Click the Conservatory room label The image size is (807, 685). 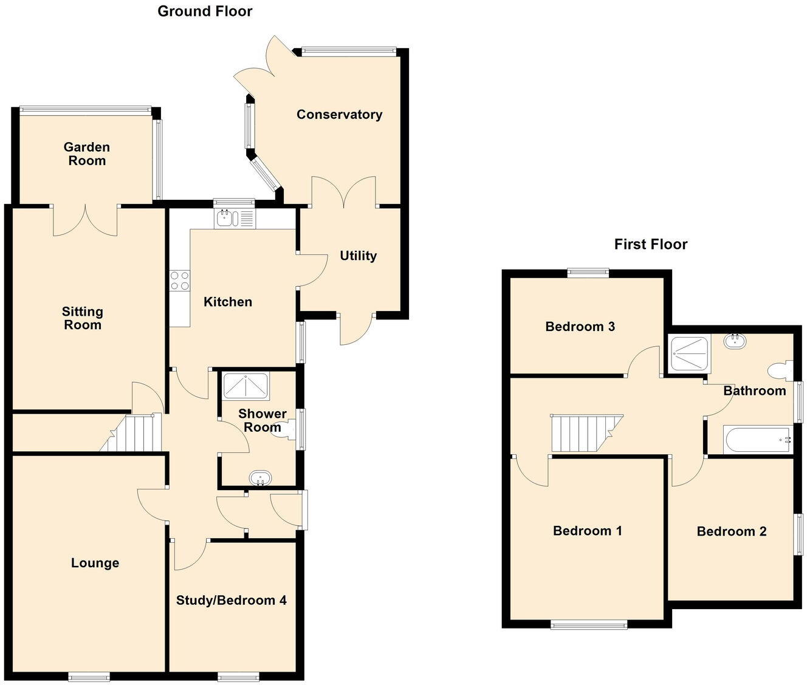[x=339, y=114]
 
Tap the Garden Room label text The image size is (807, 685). [x=87, y=154]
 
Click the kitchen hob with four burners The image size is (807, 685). [x=179, y=281]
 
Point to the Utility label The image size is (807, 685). [x=358, y=256]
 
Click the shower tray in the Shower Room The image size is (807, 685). [x=246, y=386]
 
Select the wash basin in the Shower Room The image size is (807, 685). [x=260, y=479]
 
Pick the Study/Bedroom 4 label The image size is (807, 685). [x=231, y=601]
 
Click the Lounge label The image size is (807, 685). [x=95, y=563]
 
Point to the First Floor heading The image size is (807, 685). [x=650, y=244]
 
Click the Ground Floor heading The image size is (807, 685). [x=205, y=11]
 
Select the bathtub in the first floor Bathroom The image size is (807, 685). [x=757, y=439]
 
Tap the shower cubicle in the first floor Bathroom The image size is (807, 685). [x=689, y=354]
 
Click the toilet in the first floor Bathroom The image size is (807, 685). [x=778, y=370]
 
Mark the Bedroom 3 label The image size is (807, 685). [x=580, y=327]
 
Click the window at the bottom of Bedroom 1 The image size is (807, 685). [x=588, y=624]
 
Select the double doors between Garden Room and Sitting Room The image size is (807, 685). [x=85, y=220]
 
